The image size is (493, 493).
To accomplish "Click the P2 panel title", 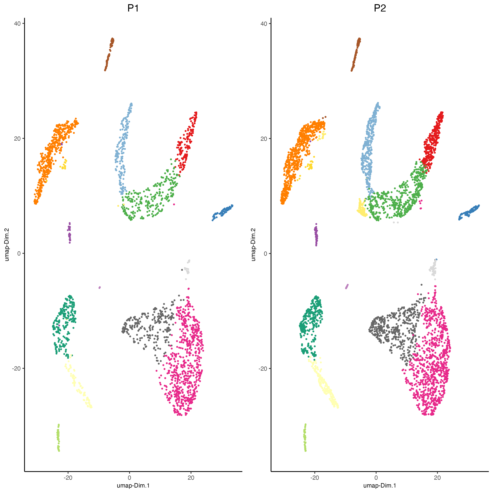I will coord(380,8).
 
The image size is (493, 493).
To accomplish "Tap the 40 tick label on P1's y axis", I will coord(17,24).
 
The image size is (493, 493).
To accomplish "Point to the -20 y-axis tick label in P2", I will coord(263,368).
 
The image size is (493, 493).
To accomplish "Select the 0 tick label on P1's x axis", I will coord(129,478).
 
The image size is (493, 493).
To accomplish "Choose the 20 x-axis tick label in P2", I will coord(437,478).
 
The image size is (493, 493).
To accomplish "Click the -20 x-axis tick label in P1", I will coord(68,478).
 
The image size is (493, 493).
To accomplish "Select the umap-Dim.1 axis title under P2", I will coord(380,485).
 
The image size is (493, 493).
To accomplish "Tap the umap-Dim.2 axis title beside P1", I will coord(7,244).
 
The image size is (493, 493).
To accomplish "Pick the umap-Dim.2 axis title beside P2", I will coord(253,244).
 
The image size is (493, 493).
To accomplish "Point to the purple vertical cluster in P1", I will coord(69,233).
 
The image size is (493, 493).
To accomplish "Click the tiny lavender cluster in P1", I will coord(100,288).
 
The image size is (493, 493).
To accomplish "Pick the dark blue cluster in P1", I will coord(223,212).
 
